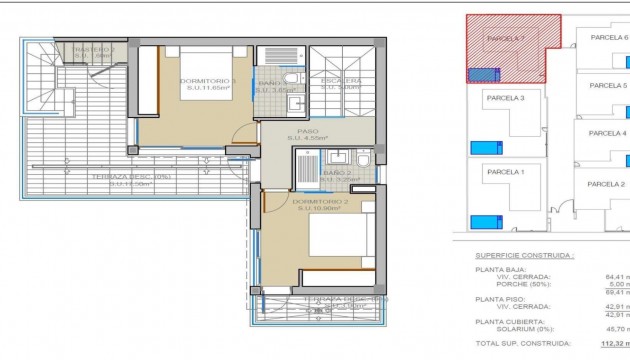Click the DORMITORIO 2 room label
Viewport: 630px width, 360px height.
coord(320,204)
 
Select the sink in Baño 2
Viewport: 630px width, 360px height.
coord(337,157)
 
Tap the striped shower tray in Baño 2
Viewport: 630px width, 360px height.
coord(307,164)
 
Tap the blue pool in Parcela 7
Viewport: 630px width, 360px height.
coord(484,72)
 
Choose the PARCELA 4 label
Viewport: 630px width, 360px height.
coord(607,134)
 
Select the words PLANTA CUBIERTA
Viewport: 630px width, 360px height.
coord(511,323)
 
